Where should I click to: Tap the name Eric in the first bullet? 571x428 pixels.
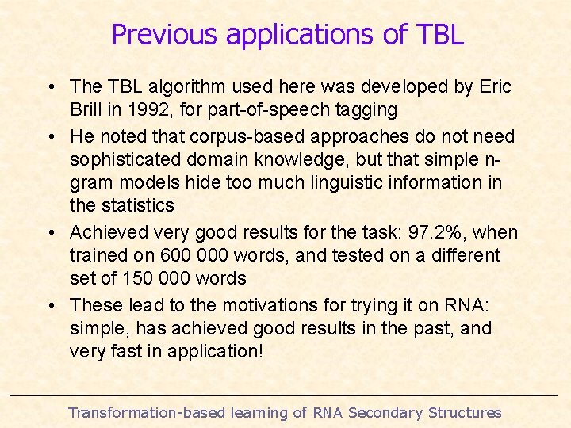(496, 86)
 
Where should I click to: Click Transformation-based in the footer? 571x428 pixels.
(147, 412)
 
